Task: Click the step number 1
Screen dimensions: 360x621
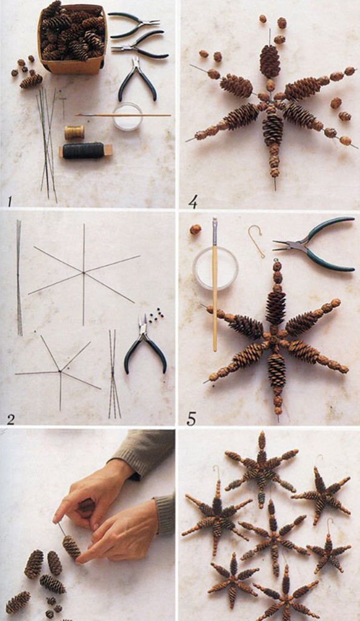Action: pyautogui.click(x=9, y=203)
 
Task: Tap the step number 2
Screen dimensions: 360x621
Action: pyautogui.click(x=10, y=419)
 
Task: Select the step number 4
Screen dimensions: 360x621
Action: pyautogui.click(x=193, y=203)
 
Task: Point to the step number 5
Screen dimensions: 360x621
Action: pyautogui.click(x=192, y=419)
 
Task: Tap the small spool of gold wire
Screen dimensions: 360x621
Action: pyautogui.click(x=75, y=132)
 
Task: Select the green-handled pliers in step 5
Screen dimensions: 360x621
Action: pyautogui.click(x=315, y=244)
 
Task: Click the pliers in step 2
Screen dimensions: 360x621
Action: pyautogui.click(x=145, y=344)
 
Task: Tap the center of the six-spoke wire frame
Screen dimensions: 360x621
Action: pyautogui.click(x=84, y=272)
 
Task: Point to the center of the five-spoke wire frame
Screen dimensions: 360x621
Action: pyautogui.click(x=60, y=371)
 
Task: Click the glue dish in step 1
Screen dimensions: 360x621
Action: pyautogui.click(x=127, y=116)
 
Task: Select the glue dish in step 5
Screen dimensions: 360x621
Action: pyautogui.click(x=216, y=268)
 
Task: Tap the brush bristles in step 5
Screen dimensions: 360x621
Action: pyautogui.click(x=215, y=224)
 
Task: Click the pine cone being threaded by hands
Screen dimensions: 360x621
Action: pyautogui.click(x=72, y=547)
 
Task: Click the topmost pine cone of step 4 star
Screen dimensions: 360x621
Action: pyautogui.click(x=270, y=61)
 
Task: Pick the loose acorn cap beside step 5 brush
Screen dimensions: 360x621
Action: pyautogui.click(x=195, y=229)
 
